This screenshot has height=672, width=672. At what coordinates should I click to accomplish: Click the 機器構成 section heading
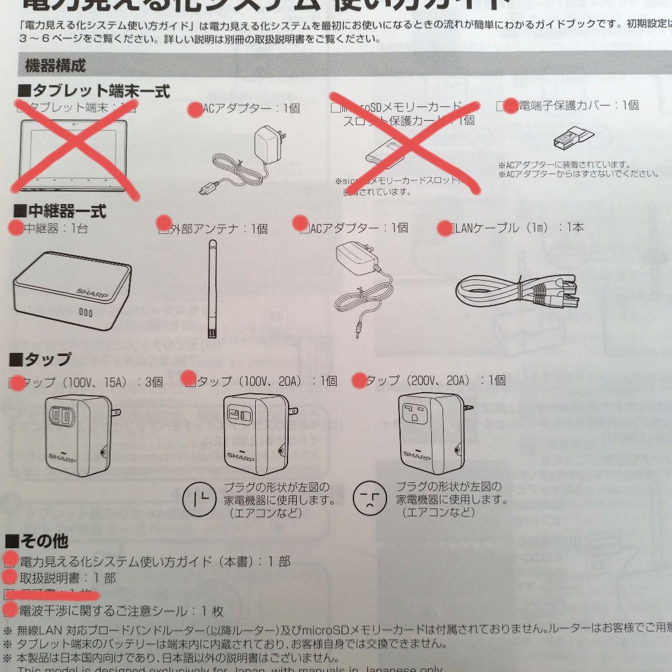(55, 65)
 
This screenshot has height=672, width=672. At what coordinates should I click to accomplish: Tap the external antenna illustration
(212, 290)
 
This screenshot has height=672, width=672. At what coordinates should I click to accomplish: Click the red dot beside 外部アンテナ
(164, 222)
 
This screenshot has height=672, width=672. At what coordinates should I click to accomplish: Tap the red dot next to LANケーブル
(445, 228)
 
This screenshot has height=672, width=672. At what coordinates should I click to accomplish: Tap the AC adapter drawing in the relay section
(361, 280)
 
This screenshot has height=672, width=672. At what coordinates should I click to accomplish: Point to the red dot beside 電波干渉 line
(10, 610)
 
